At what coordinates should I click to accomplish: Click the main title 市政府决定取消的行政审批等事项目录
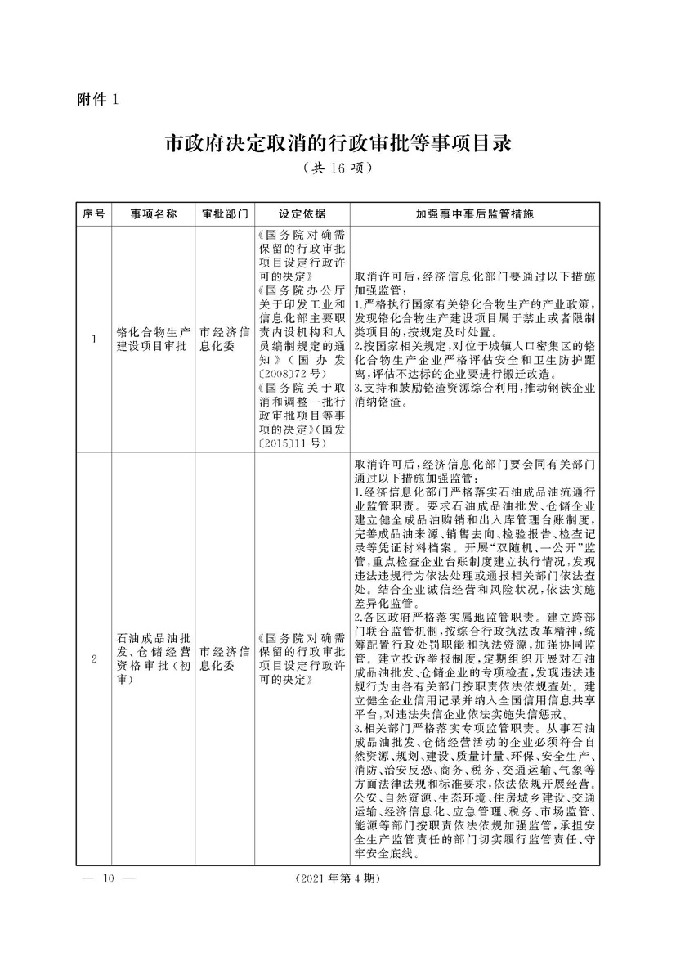[338, 144]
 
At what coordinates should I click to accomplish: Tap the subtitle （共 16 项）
[337, 169]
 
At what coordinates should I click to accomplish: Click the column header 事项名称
[153, 214]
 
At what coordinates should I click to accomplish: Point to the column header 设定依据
[302, 214]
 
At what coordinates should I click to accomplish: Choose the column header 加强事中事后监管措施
[473, 214]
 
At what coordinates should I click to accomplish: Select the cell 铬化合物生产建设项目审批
[153, 339]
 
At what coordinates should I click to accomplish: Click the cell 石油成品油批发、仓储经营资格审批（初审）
[153, 658]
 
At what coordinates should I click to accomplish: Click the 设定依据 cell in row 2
[302, 658]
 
